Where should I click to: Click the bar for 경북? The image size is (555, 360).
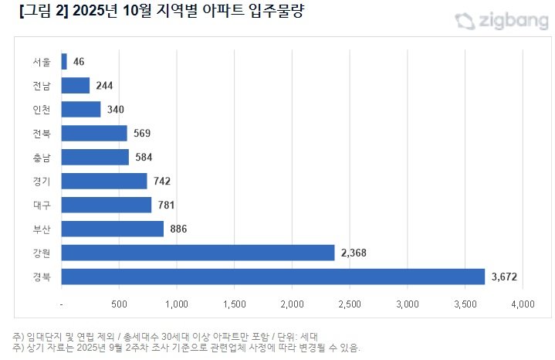272,277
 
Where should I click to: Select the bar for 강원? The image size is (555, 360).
198,253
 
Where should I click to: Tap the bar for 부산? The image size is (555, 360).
112,229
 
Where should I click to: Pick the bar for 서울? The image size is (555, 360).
64,61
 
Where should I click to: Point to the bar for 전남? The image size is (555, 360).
75,85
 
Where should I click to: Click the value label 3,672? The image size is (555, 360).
506,277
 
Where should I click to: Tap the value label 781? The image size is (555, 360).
166,205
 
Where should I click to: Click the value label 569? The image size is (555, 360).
141,133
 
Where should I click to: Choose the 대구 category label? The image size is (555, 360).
42,205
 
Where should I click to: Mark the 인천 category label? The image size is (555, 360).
42,109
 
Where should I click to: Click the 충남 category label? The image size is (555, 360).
42,157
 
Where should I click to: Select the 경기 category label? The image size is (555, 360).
42,181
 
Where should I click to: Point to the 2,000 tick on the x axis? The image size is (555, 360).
292,304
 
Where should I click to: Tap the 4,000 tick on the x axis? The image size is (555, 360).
523,304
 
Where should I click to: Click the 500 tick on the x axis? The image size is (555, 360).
119,304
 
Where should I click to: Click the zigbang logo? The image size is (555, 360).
496,21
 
